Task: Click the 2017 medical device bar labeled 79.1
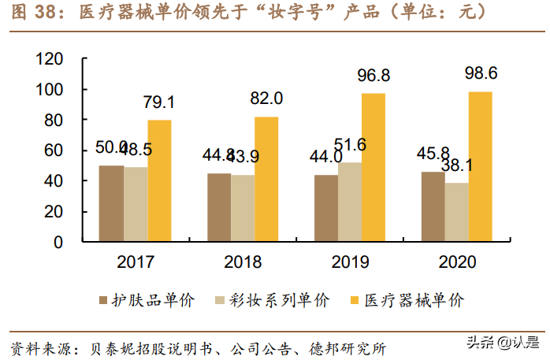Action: tap(159, 180)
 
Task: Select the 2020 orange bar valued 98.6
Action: tap(480, 166)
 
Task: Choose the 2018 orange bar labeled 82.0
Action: tap(266, 179)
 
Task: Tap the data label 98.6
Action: tap(480, 73)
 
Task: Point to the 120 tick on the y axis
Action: tap(49, 59)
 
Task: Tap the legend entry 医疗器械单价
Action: tap(412, 299)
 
